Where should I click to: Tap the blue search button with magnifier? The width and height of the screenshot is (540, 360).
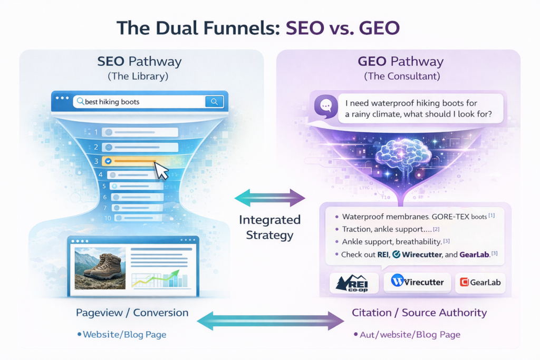214,101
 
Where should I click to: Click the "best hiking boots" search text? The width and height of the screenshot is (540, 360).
112,101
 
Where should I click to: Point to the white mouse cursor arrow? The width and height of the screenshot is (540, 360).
161,170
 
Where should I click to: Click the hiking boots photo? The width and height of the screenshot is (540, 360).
100,269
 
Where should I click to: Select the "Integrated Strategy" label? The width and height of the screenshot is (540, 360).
269,227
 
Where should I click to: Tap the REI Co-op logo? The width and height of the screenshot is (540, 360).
353,283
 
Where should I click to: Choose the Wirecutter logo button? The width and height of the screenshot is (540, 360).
417,281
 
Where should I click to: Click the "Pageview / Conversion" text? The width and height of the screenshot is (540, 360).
132,313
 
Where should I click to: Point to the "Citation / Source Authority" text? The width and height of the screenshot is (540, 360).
419,313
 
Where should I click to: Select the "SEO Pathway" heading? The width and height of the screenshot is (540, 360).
139,61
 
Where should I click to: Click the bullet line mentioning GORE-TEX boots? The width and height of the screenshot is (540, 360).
417,216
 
